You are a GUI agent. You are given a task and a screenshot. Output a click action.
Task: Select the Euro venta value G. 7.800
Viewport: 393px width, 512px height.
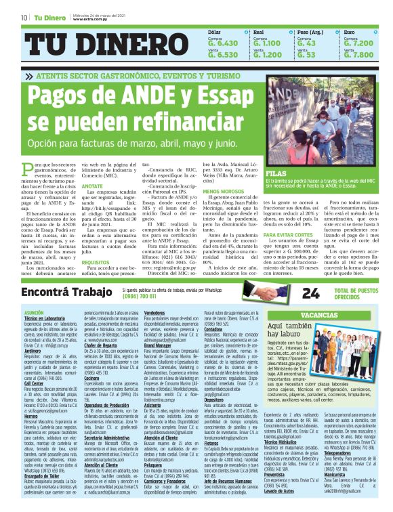click(358, 55)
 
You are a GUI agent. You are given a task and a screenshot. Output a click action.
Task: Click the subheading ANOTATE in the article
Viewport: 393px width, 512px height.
click(92, 186)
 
